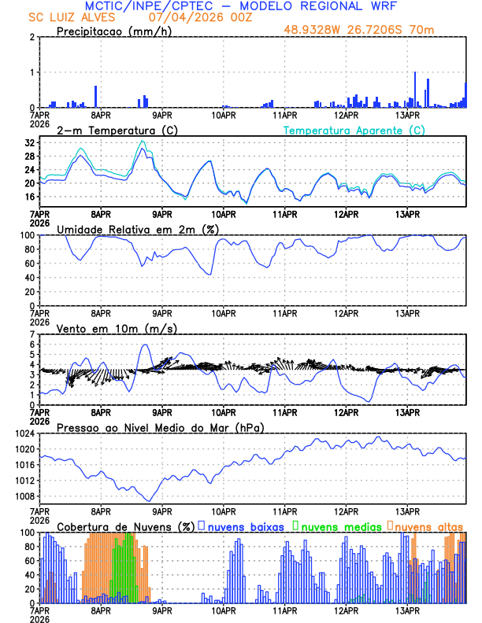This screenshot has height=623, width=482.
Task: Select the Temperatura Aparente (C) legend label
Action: [354, 130]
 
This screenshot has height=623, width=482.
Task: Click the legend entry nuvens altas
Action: [428, 526]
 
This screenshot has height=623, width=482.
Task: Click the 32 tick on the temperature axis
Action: [30, 143]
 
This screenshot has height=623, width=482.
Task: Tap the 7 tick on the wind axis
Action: [32, 334]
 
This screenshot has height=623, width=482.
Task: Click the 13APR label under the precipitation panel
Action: [407, 115]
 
